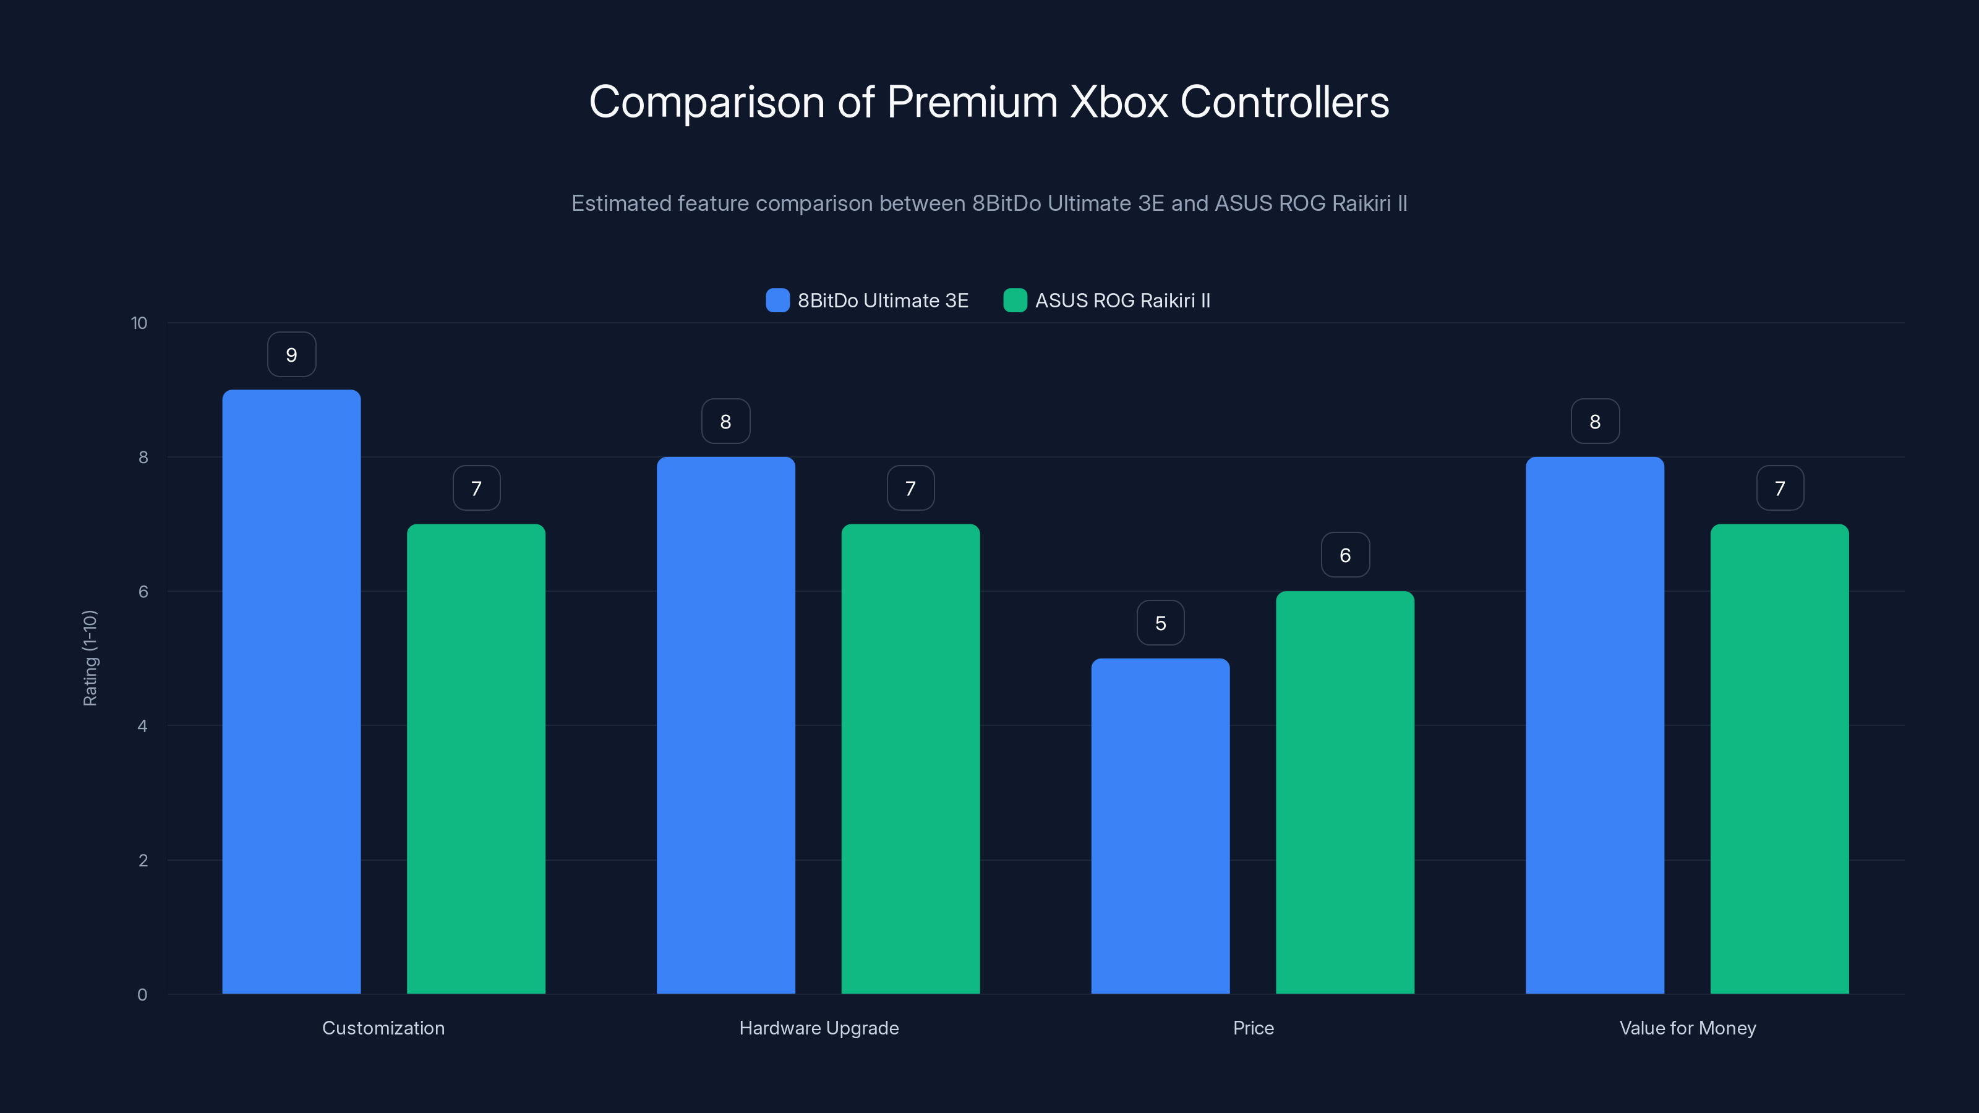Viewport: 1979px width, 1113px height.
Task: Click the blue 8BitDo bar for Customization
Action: click(291, 691)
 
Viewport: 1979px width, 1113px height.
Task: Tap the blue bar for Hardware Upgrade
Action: click(725, 725)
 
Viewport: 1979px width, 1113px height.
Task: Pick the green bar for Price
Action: click(1344, 792)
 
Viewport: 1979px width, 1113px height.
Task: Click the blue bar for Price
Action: click(1160, 825)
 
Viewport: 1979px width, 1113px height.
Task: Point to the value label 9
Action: click(291, 355)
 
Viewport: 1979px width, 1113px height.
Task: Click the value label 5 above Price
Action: click(1160, 623)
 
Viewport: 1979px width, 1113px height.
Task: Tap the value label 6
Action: click(1344, 555)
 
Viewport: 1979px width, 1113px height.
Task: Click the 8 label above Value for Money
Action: click(1595, 422)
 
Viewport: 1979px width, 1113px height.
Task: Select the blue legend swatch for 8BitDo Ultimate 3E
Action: click(777, 301)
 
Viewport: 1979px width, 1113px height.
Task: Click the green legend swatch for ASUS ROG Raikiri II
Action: click(1015, 301)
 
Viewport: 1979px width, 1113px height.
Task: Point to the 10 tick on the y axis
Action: click(139, 323)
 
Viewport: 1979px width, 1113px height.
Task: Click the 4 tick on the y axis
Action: click(142, 726)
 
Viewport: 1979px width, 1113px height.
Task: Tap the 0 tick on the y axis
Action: click(142, 995)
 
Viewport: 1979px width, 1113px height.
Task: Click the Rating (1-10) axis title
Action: click(90, 659)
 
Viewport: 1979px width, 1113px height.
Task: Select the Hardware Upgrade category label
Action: click(818, 1028)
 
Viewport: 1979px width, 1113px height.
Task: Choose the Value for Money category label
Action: click(1687, 1028)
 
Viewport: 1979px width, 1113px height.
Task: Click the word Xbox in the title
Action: click(1119, 102)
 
